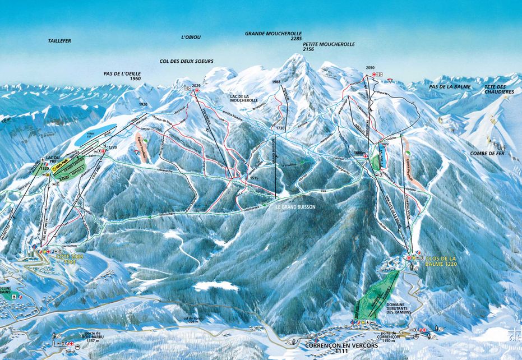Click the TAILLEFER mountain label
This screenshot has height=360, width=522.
coord(59,41)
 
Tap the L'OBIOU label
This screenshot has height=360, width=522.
coord(191,38)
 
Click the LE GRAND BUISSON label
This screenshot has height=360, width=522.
coord(295,207)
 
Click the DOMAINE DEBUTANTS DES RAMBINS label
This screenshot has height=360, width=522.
coord(400,307)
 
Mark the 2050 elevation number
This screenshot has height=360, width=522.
coord(369,67)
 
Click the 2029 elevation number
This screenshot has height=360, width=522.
coord(196,85)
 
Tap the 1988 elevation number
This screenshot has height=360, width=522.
coord(275,82)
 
